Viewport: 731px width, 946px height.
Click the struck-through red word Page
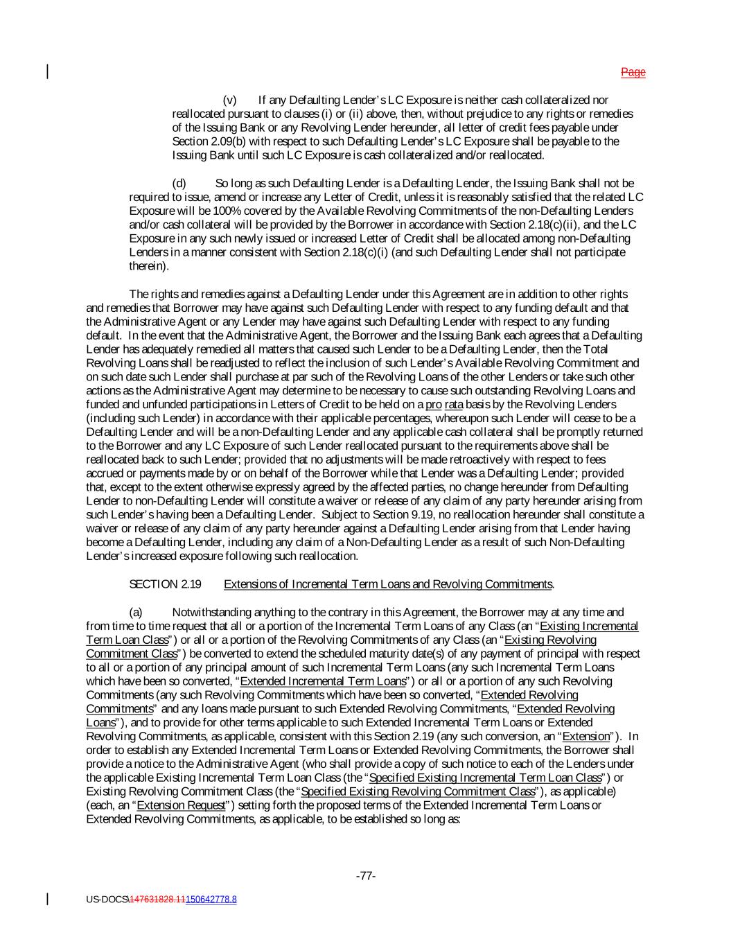pos(633,72)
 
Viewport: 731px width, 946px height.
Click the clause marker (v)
pos(229,100)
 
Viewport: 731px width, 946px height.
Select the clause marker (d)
pos(179,183)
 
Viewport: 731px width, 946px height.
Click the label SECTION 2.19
pos(165,584)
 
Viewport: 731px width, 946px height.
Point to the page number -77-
pos(366,876)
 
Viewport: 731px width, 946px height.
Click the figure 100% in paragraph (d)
pos(199,211)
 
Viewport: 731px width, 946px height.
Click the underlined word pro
pos(433,404)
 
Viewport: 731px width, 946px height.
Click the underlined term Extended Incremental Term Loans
pos(323,681)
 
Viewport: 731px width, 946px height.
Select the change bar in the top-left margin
pos(47,72)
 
